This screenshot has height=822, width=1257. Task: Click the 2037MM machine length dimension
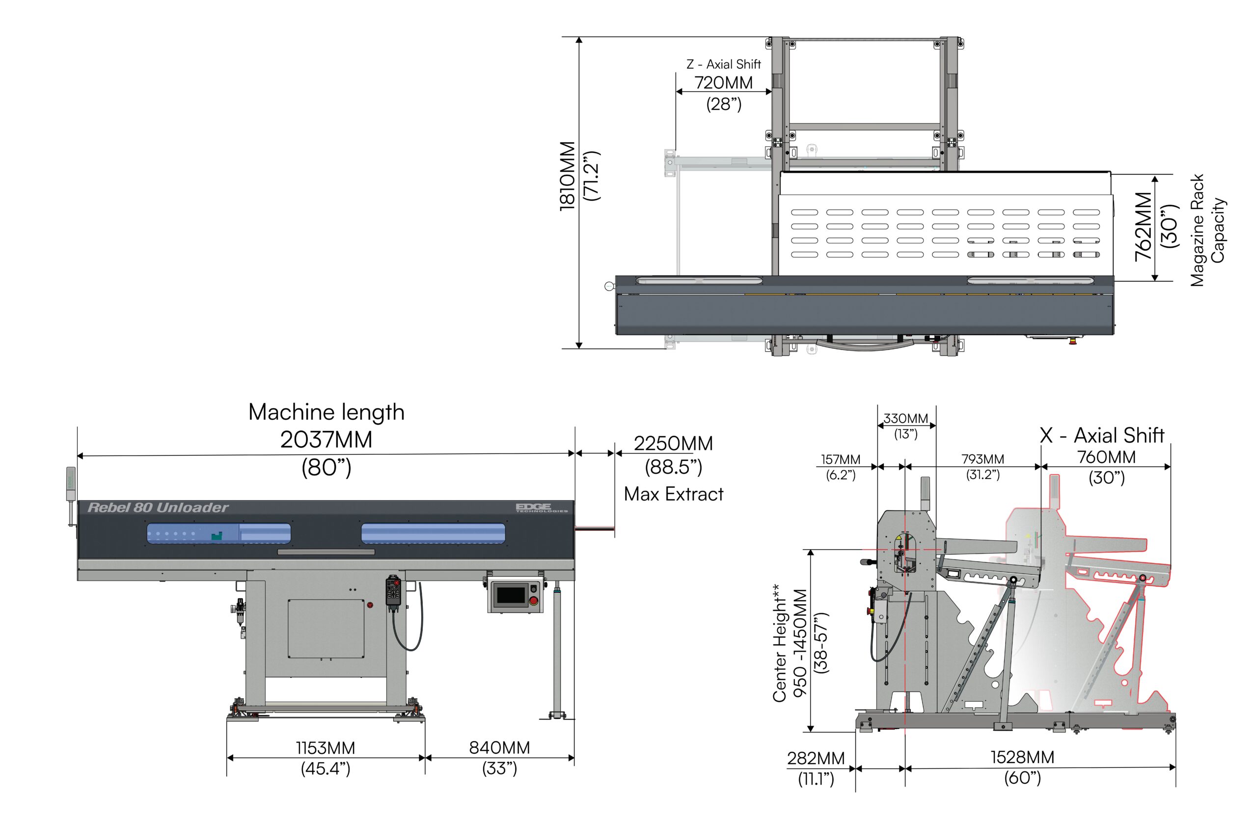pos(326,439)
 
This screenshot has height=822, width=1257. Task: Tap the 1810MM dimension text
pos(567,176)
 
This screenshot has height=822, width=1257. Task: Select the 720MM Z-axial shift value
pos(723,83)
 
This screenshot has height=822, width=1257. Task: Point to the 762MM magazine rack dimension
pos(1143,227)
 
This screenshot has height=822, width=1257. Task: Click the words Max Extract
pos(673,494)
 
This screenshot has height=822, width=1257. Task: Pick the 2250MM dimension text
pos(673,444)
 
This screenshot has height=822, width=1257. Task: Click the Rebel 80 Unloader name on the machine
pos(158,507)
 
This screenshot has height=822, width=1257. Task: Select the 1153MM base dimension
pos(325,747)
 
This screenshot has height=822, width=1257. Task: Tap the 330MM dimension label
pos(905,419)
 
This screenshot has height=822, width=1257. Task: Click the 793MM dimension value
pos(983,459)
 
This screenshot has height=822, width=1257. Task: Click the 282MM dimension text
pos(816,758)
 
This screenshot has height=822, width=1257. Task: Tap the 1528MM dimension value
pos(1022,757)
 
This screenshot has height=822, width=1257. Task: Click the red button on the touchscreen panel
pos(533,600)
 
